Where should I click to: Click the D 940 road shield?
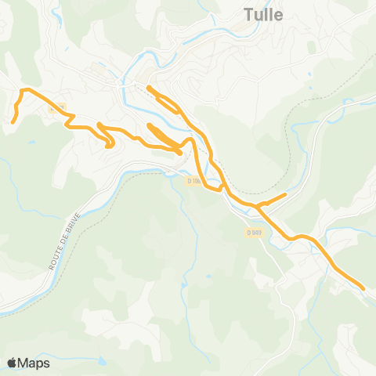click(253, 232)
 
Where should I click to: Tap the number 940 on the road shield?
click(255, 232)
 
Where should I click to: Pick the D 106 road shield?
click(194, 181)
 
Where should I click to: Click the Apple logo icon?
click(13, 362)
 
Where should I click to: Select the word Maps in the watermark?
click(34, 363)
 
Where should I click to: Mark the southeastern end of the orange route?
click(363, 288)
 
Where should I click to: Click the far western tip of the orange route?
click(14, 121)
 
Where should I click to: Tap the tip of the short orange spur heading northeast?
click(286, 193)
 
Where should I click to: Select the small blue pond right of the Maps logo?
click(102, 361)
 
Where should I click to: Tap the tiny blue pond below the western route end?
click(32, 142)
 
